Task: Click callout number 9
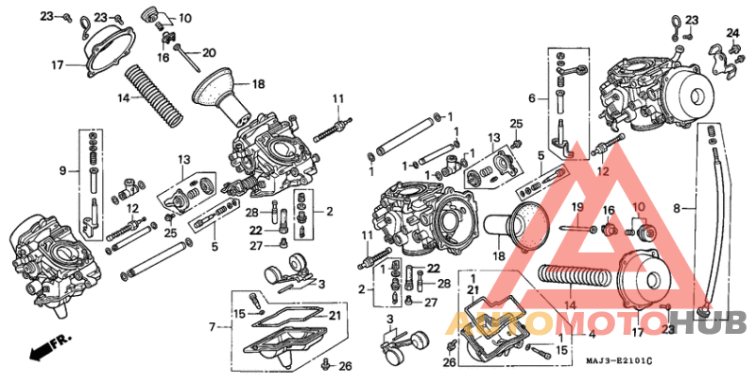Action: [x=62, y=171]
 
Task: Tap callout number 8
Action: [x=676, y=206]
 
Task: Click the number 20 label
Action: [x=209, y=52]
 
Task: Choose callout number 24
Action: [x=731, y=33]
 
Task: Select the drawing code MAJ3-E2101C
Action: [x=619, y=360]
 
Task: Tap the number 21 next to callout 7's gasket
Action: [x=335, y=315]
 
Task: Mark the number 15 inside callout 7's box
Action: [x=240, y=313]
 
